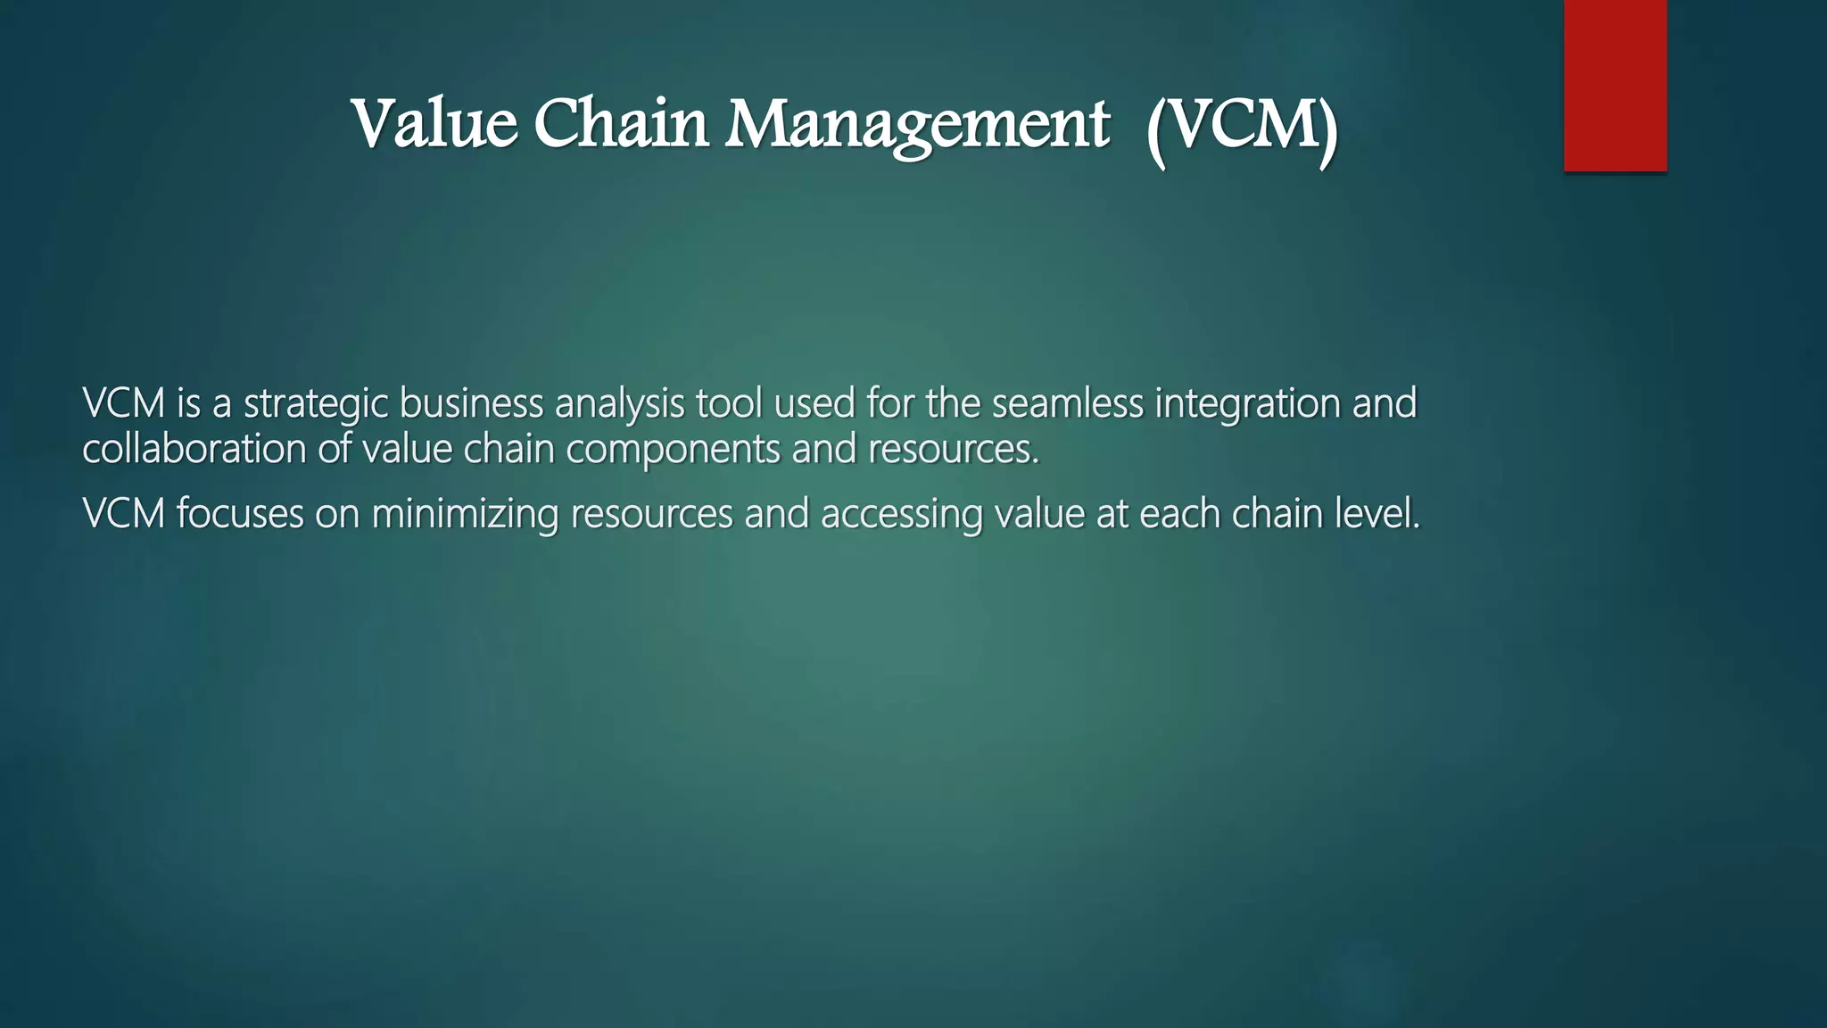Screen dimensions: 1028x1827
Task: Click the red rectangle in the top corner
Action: coord(1615,85)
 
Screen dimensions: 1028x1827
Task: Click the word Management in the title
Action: coord(917,126)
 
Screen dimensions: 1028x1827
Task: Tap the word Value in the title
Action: coord(434,124)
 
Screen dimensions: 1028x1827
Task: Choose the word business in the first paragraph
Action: coord(470,403)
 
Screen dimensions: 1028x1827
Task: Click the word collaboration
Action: coord(194,448)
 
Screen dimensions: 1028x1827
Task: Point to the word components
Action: coord(673,449)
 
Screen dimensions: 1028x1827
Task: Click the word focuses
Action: coord(240,514)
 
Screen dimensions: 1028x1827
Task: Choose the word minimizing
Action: coord(464,515)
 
